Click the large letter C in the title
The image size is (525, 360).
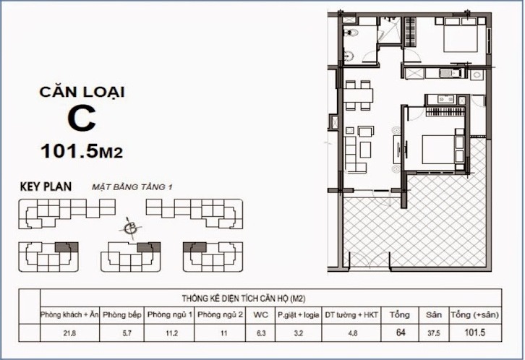click(x=81, y=119)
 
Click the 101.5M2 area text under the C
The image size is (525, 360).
click(x=81, y=151)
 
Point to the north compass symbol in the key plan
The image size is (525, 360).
click(x=131, y=228)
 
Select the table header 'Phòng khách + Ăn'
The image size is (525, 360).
click(x=69, y=314)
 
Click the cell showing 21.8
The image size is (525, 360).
click(x=69, y=334)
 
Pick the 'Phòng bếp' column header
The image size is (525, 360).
click(x=121, y=314)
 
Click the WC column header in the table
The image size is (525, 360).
click(x=260, y=314)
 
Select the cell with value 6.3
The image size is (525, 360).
click(x=260, y=334)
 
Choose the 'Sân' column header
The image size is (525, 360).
click(x=432, y=314)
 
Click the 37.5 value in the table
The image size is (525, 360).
click(x=432, y=334)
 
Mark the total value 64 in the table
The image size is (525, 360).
click(x=398, y=334)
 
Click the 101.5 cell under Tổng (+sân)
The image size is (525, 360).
click(x=474, y=334)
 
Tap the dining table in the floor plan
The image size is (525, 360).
click(x=359, y=95)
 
